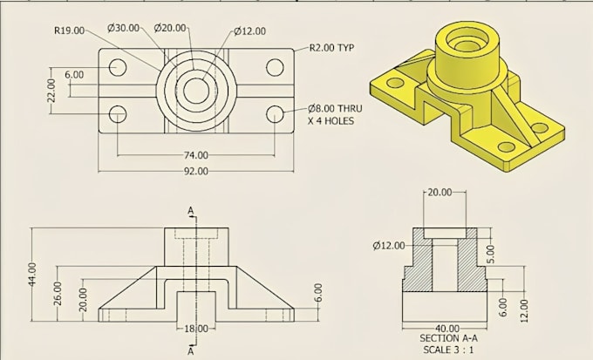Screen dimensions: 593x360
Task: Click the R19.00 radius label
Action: point(69,31)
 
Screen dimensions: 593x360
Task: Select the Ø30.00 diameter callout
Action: point(123,28)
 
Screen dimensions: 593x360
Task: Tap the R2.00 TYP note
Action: point(331,48)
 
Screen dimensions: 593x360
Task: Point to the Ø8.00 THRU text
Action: point(335,109)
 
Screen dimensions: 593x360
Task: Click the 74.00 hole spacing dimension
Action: point(196,155)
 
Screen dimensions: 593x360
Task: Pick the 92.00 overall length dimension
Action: point(196,172)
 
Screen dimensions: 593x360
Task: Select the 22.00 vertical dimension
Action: point(51,91)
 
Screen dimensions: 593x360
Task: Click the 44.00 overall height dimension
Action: point(32,275)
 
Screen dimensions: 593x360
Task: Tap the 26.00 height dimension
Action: point(58,294)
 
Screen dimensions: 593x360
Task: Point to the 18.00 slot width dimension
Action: point(196,329)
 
